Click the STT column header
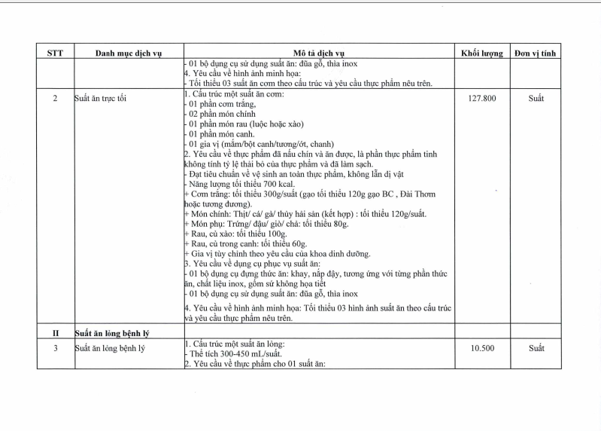click(x=55, y=53)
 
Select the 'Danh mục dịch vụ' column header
click(x=129, y=53)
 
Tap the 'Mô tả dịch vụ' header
click(x=319, y=53)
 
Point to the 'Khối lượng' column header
click(x=481, y=53)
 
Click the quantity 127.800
click(x=481, y=98)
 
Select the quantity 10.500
click(x=481, y=348)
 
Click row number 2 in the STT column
click(x=55, y=98)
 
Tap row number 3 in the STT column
click(x=55, y=348)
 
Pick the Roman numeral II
click(x=55, y=332)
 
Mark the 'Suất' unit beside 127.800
click(x=536, y=98)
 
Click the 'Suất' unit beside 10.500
click(x=536, y=348)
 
